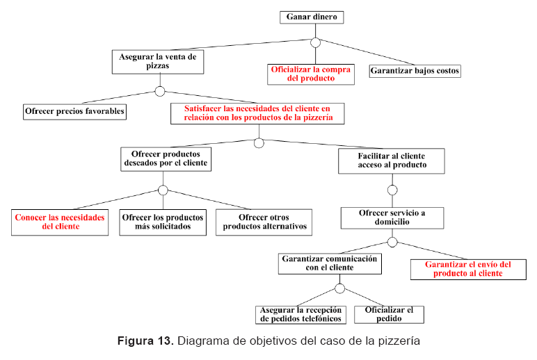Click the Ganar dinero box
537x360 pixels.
(314, 17)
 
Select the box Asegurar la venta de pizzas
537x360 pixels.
(159, 61)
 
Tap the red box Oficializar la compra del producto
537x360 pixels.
(311, 74)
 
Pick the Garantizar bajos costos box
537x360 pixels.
(415, 71)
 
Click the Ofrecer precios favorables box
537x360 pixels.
(74, 111)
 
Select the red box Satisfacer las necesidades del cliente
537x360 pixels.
(258, 113)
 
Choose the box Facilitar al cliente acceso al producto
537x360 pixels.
(392, 161)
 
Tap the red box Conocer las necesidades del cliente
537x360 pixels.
(60, 222)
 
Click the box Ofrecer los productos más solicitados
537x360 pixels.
(163, 222)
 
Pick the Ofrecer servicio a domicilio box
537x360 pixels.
(392, 217)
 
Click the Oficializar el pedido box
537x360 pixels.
(389, 314)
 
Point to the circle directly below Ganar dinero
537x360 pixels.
(315, 43)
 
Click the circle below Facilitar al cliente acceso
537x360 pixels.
(392, 190)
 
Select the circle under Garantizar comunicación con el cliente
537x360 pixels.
(339, 288)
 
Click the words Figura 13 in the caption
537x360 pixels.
(144, 341)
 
